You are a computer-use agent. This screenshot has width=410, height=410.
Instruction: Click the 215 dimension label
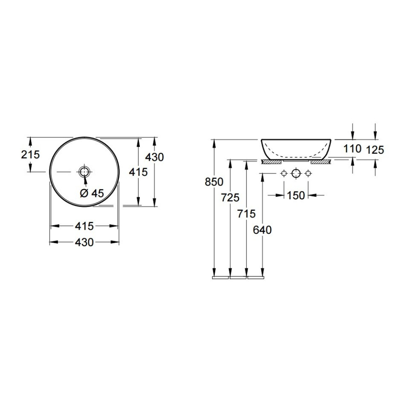pos(30,155)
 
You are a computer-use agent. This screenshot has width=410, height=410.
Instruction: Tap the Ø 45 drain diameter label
pos(92,193)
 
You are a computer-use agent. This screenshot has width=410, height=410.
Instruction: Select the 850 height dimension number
pos(214,182)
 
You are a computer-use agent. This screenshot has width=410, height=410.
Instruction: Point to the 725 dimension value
pos(230,198)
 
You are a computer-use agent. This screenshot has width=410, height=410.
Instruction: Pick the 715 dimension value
pos(246,214)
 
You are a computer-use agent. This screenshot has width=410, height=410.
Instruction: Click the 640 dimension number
pos(262,230)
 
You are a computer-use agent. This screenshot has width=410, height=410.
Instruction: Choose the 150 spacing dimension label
pos(296,195)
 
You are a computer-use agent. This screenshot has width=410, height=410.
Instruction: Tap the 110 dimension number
pos(352,149)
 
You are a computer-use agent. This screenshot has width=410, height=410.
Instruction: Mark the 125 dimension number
pos(375,150)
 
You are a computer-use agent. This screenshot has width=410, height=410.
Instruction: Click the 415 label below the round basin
pos(84,226)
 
